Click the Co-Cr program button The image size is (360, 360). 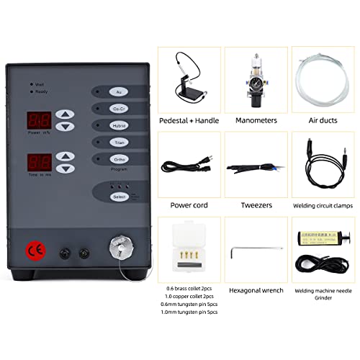point(117,108)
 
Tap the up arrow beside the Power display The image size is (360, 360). point(65,114)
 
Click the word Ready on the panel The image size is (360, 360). point(42,92)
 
